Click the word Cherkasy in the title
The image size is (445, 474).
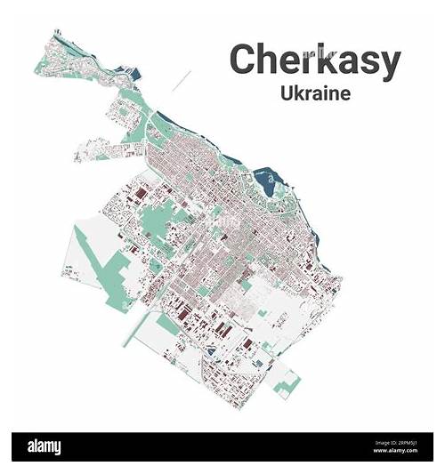[x=314, y=60]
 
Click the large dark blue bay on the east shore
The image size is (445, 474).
[x=264, y=185]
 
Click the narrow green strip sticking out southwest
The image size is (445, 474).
[x=133, y=329]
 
